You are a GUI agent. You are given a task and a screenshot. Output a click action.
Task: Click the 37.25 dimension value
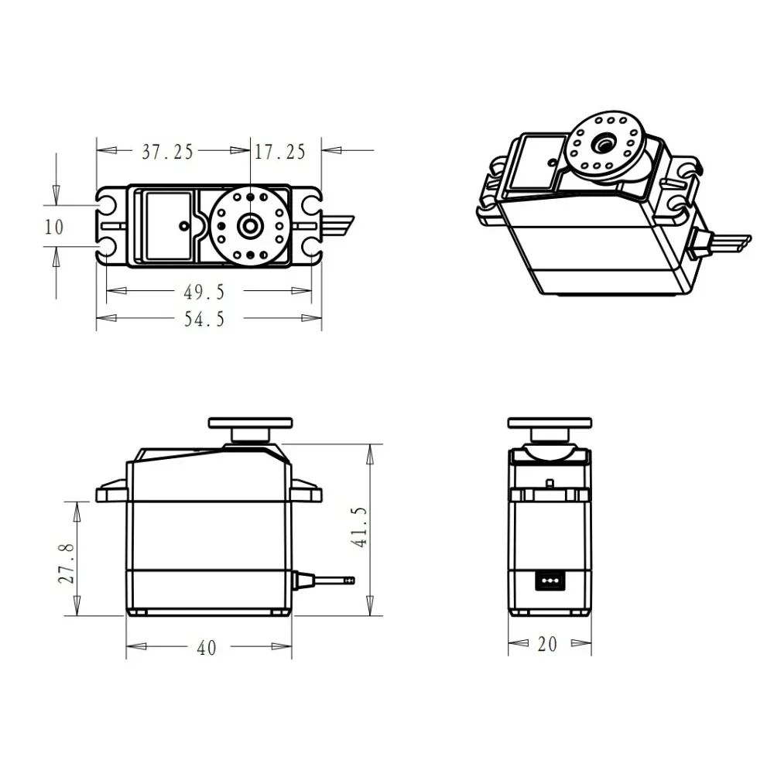[167, 152]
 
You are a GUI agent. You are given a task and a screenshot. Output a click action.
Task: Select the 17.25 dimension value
[280, 152]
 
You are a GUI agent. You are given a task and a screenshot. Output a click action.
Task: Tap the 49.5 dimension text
[204, 293]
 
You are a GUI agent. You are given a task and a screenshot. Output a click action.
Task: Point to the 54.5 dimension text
[204, 319]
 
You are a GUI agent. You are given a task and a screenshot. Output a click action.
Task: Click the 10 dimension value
[54, 227]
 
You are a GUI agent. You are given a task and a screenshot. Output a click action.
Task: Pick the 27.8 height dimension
[67, 563]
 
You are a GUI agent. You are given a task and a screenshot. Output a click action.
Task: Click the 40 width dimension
[207, 648]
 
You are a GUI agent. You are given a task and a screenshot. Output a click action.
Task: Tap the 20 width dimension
[547, 644]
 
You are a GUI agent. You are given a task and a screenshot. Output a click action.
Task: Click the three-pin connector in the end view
[550, 580]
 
